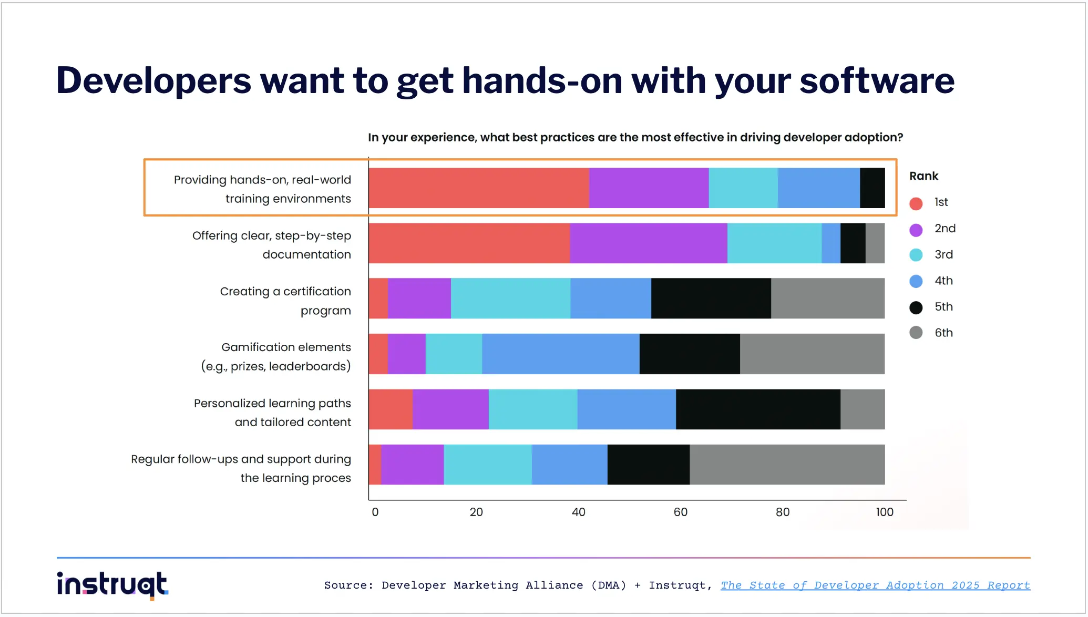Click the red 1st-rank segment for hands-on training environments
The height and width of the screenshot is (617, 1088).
tap(478, 188)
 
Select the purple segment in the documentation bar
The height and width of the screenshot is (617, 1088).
tap(648, 243)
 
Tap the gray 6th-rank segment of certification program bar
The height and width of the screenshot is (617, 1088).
tap(827, 299)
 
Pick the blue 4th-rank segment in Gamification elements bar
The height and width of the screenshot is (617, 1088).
tap(560, 354)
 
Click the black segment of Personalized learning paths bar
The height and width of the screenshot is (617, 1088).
tap(757, 409)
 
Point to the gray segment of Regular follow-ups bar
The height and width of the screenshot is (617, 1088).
tap(787, 465)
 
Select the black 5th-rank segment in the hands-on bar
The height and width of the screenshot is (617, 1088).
tap(872, 188)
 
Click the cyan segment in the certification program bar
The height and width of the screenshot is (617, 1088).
tap(510, 299)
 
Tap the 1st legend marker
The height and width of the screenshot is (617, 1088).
tap(916, 203)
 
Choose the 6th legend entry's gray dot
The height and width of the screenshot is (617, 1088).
tap(916, 333)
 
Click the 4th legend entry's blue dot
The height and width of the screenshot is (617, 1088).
tap(916, 281)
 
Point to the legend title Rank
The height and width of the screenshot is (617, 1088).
tap(923, 176)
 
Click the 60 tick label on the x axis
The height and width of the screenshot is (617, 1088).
tap(680, 512)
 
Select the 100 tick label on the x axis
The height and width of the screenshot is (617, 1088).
tap(884, 512)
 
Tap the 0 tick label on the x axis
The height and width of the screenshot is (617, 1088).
tap(375, 512)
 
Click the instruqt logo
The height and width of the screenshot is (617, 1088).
tap(112, 585)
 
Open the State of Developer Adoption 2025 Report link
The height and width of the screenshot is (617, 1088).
tap(875, 585)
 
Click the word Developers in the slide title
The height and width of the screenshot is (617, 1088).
tap(153, 81)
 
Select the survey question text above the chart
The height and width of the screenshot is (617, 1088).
tap(635, 138)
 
